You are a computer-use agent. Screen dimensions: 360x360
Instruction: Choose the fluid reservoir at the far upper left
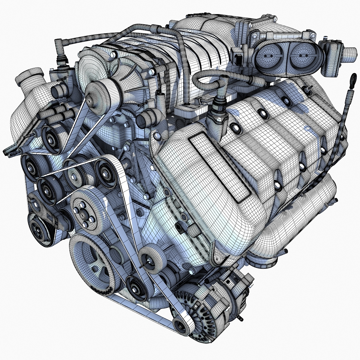click(28, 90)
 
